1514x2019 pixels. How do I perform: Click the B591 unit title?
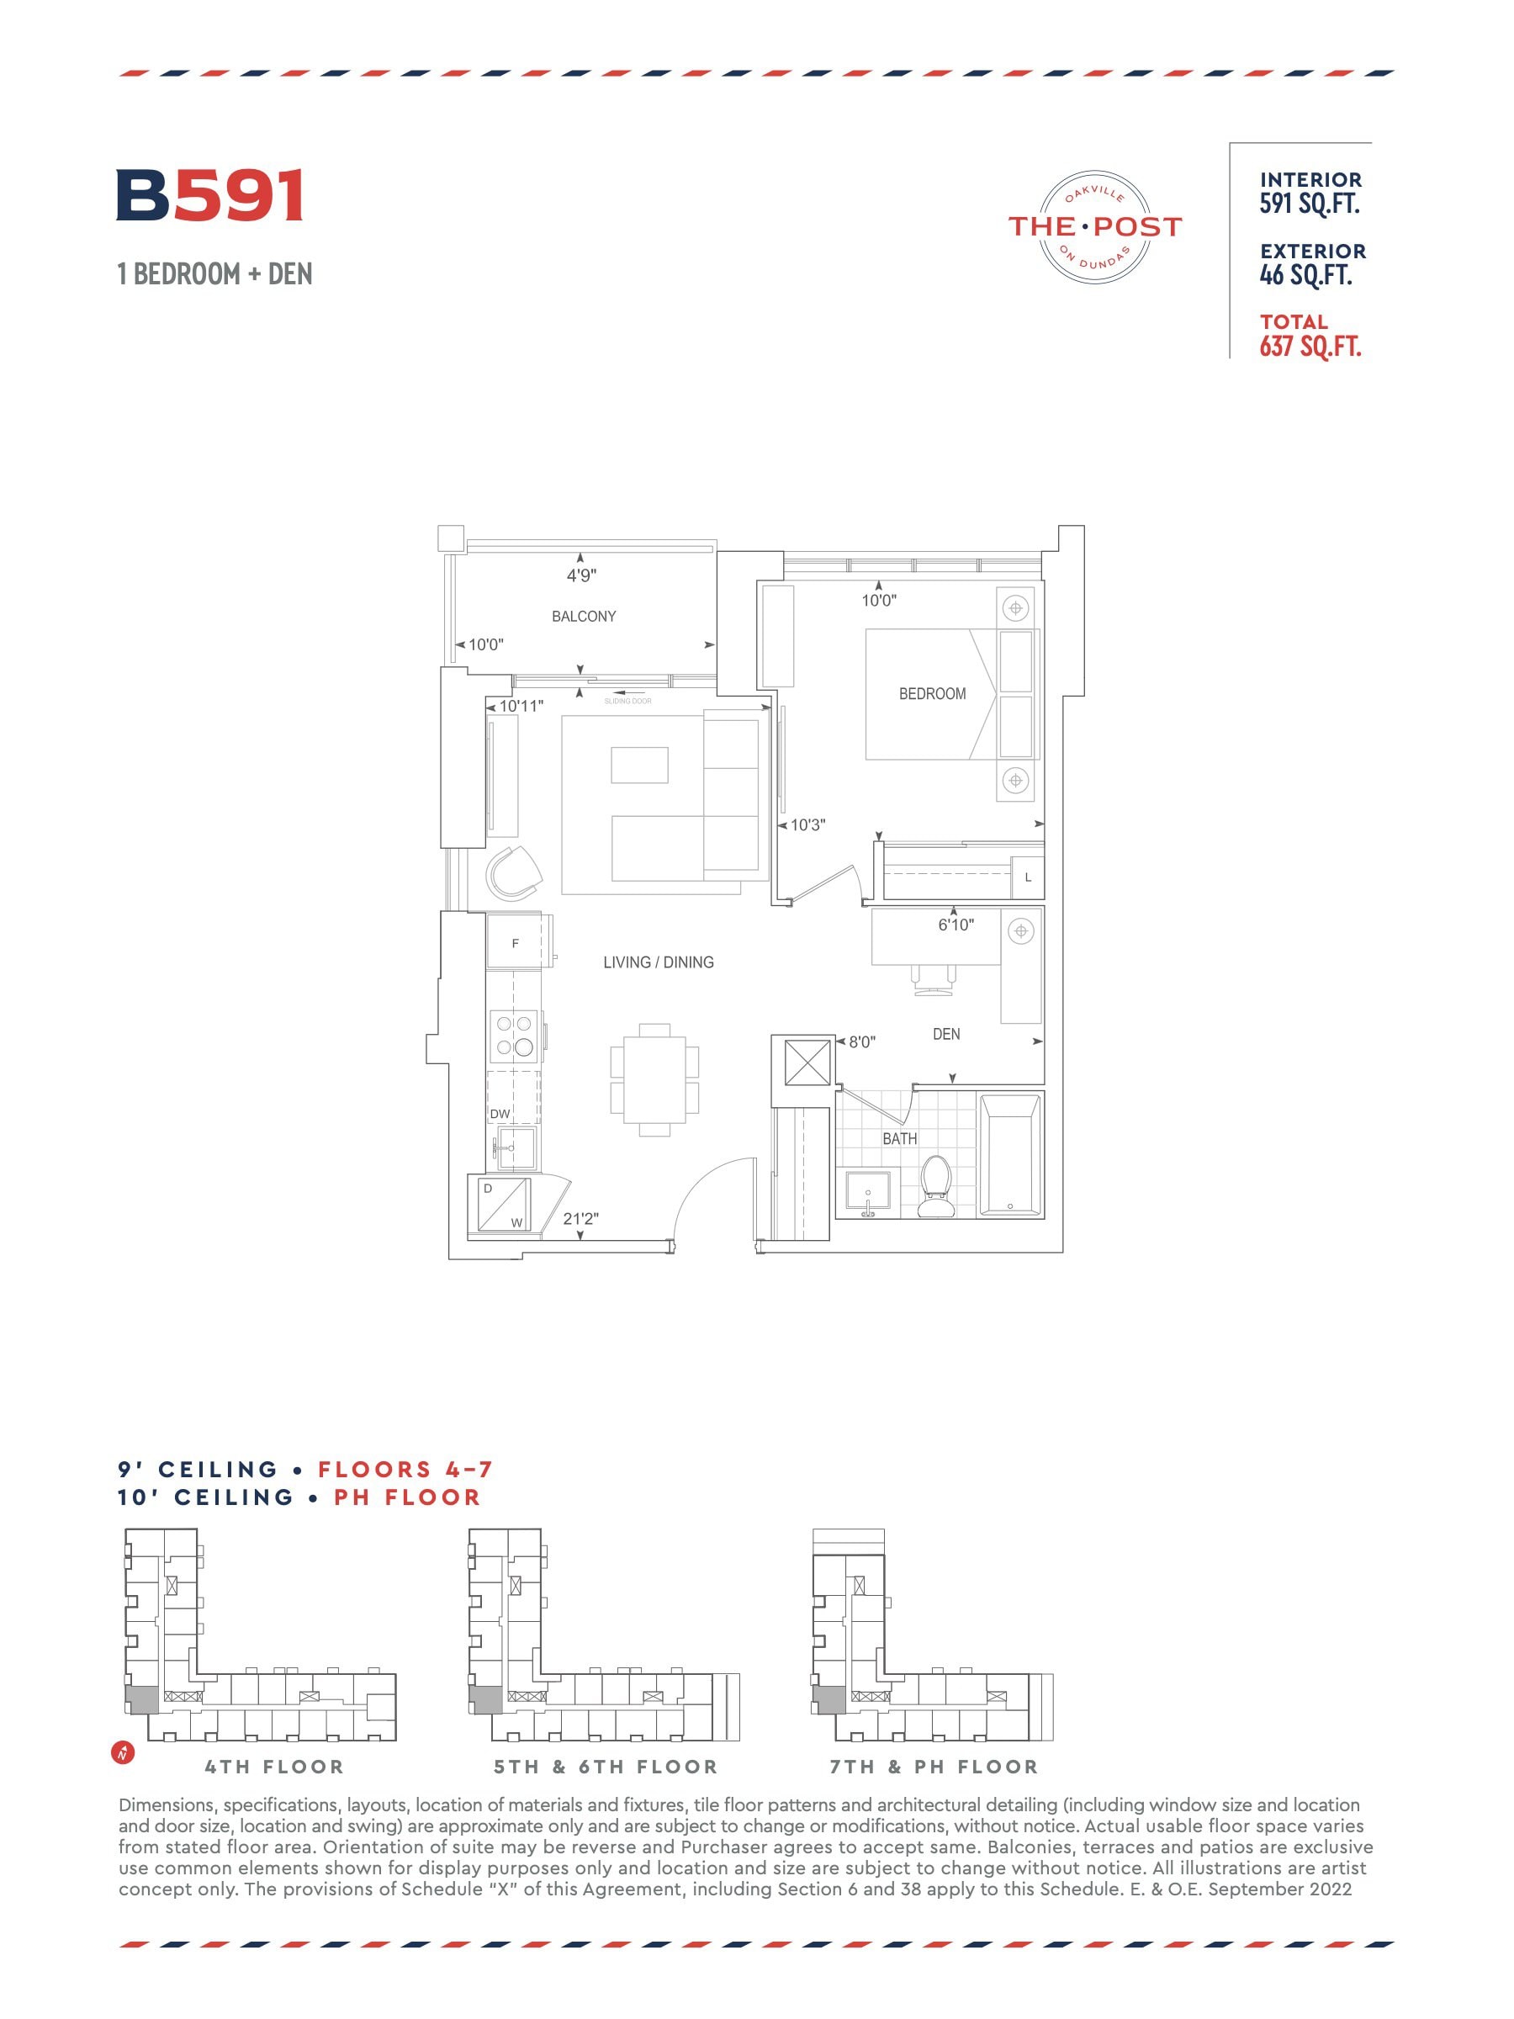(x=210, y=195)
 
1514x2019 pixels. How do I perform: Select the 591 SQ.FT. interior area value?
(x=1310, y=204)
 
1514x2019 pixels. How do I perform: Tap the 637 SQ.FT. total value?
(x=1310, y=347)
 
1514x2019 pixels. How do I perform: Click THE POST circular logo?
(x=1094, y=225)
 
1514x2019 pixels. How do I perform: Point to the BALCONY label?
(x=583, y=616)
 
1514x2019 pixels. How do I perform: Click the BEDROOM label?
(x=932, y=694)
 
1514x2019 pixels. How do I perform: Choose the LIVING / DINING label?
(x=658, y=962)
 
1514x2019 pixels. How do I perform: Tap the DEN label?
(x=946, y=1034)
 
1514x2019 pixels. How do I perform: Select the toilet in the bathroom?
(x=935, y=1185)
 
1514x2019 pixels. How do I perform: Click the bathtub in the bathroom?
(x=1009, y=1155)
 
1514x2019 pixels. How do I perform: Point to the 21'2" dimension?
(x=580, y=1218)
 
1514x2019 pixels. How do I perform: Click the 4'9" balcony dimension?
(x=581, y=576)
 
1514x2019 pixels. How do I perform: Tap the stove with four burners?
(x=515, y=1035)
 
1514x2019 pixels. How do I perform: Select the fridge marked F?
(x=515, y=941)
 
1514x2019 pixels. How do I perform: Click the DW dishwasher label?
(x=500, y=1114)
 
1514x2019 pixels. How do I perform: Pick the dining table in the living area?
(x=654, y=1080)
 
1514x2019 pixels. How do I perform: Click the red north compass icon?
(x=122, y=1752)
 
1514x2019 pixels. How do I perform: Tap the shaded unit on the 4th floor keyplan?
(x=141, y=1699)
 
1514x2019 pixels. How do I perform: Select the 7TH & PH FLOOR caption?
(x=934, y=1767)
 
